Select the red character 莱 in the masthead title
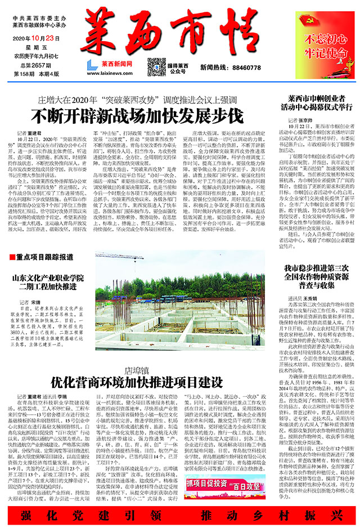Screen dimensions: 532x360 tap(102, 32)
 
